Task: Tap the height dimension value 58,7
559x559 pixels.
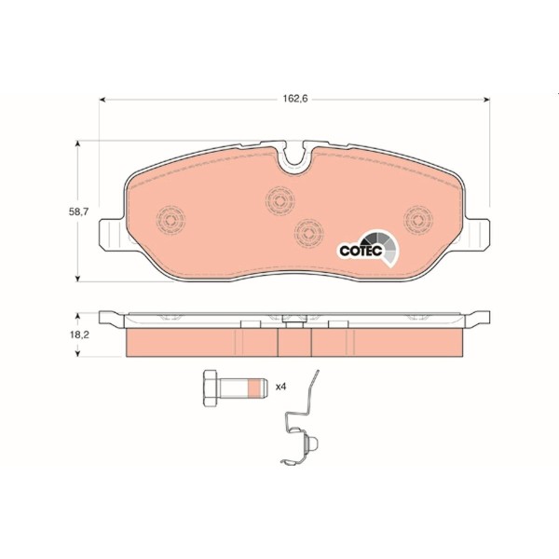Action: point(81,212)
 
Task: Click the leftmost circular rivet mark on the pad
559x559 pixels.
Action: point(170,220)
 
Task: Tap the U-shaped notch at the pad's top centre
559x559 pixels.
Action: point(295,157)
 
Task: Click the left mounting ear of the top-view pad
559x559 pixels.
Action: point(110,234)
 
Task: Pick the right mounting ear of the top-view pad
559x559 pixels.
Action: point(479,234)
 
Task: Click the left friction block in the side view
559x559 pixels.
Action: point(201,342)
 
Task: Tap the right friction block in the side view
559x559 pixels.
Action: point(388,342)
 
